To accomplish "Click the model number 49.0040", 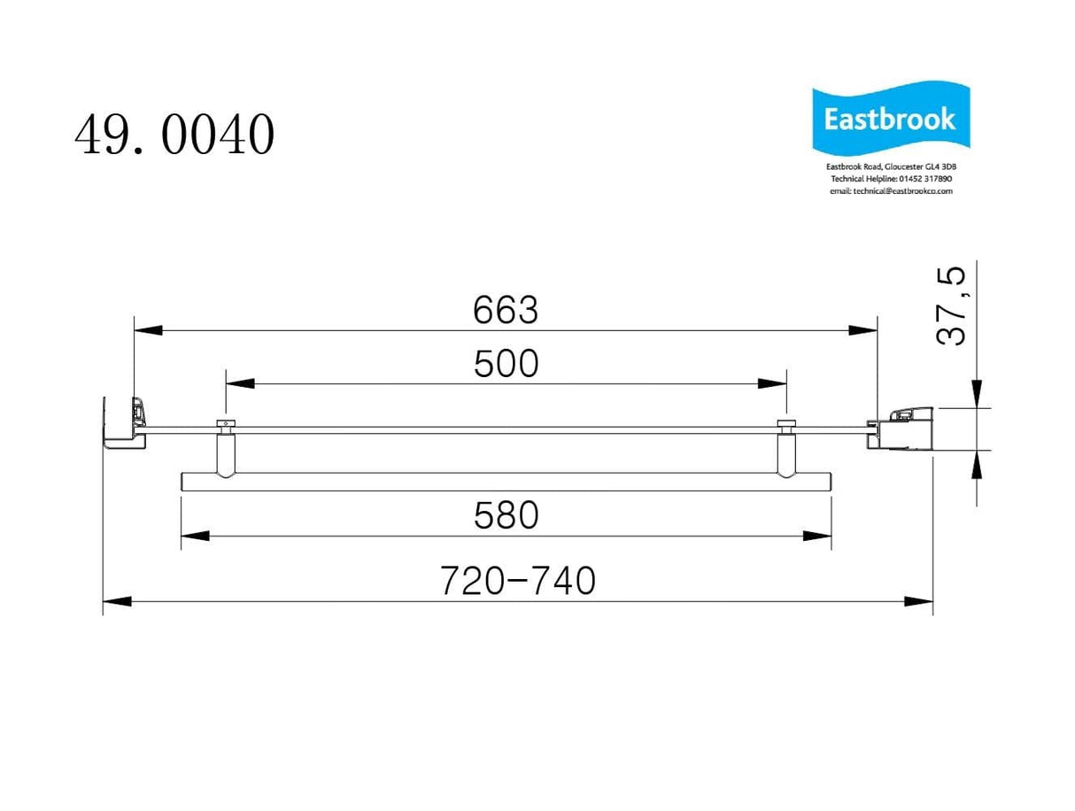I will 174,136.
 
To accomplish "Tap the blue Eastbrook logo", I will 890,120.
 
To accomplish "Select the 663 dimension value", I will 505,310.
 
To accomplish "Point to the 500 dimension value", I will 506,364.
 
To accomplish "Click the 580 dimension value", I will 506,515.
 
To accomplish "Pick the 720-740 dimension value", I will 518,581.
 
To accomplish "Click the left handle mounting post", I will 226,452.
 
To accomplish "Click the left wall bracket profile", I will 124,425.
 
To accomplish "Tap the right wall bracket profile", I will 903,429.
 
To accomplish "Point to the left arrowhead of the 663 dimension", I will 148,331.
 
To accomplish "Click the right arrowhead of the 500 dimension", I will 772,383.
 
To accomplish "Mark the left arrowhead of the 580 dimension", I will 195,536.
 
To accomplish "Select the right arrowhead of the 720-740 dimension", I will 918,601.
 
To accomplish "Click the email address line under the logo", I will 890,191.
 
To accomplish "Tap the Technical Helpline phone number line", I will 890,179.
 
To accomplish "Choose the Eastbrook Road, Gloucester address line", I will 890,166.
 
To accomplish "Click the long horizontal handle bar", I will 506,482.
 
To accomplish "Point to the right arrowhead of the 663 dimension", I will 862,331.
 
